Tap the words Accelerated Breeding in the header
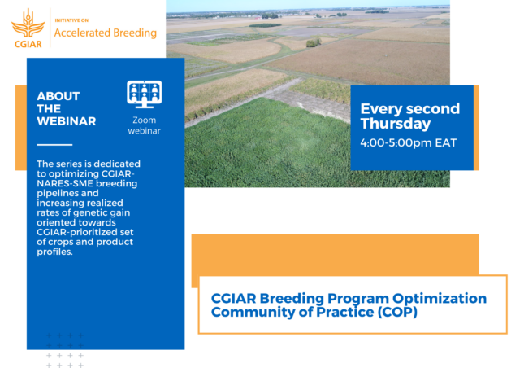[x=104, y=33]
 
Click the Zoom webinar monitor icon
[x=145, y=94]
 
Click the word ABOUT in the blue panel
[x=58, y=95]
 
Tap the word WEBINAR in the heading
[x=66, y=121]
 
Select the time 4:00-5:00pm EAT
[x=408, y=142]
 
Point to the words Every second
[x=409, y=108]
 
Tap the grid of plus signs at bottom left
[x=65, y=350]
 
